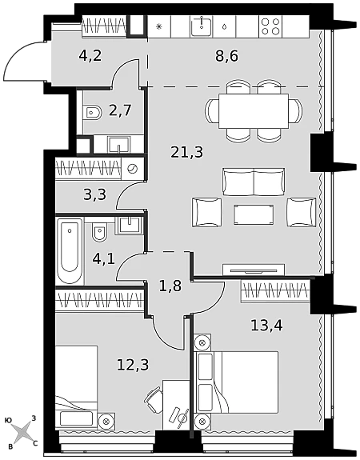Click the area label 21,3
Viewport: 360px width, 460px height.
(187, 153)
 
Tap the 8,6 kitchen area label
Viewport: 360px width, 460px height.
(226, 56)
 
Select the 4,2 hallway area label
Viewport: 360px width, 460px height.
(90, 55)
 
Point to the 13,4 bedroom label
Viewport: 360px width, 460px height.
(266, 326)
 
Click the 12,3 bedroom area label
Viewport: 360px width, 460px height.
(133, 365)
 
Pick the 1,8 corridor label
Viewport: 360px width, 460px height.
(170, 286)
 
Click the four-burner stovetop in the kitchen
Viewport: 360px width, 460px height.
(270, 26)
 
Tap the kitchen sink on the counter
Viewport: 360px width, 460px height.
(202, 26)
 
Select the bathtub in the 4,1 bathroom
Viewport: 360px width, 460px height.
(70, 250)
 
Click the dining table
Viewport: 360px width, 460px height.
(254, 111)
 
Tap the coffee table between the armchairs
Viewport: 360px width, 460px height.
(254, 214)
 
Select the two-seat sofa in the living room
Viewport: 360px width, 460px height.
(254, 182)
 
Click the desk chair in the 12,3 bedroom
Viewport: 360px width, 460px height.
(153, 399)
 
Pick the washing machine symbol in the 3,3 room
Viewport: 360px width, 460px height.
(133, 169)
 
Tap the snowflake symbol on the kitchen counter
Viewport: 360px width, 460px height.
(158, 26)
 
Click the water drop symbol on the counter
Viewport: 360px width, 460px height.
(224, 26)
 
